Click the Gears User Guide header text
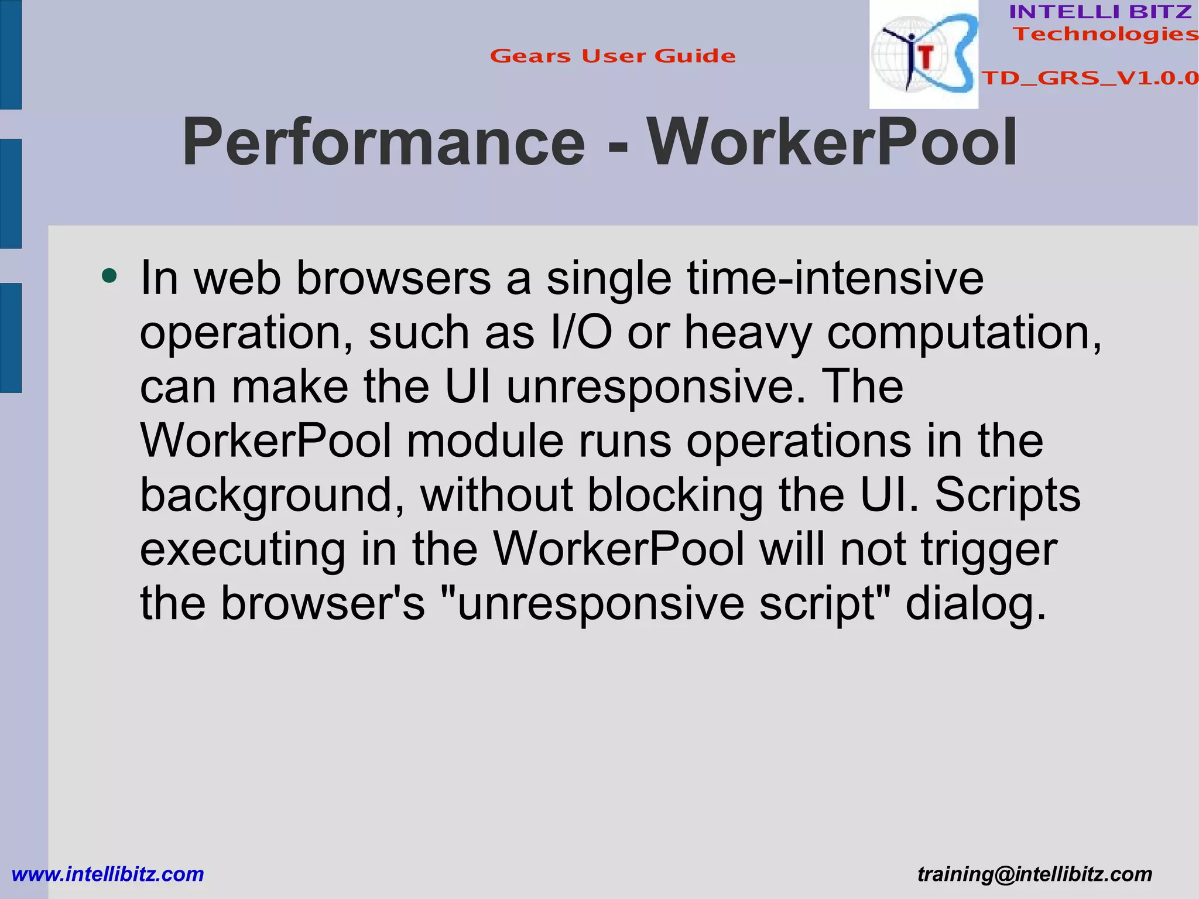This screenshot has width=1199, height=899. coord(612,56)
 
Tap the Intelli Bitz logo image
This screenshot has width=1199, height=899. coord(923,55)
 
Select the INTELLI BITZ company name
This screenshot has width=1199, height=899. coord(1101,12)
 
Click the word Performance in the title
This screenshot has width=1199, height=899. coord(383,143)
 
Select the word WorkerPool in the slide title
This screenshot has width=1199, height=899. coord(831,143)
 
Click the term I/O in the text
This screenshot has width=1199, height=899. coord(581,332)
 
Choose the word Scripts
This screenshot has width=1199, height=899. coord(1007,495)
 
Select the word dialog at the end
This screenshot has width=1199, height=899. coord(975,604)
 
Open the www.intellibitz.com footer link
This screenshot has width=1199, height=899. coord(108,874)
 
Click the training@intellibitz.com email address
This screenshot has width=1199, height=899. coord(1034,874)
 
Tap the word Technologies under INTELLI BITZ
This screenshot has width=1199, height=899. coord(1105,35)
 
